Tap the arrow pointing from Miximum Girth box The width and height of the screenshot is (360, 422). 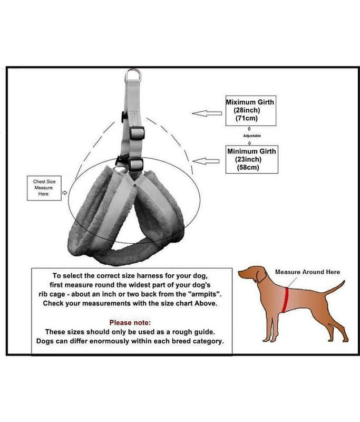(x=207, y=113)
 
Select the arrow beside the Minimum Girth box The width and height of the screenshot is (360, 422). (x=206, y=161)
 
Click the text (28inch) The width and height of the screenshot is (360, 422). (x=247, y=110)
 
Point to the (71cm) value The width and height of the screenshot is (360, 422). (x=247, y=118)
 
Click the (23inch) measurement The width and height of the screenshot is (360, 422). (x=248, y=159)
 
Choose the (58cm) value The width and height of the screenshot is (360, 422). (x=248, y=167)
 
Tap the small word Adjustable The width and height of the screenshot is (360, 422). (x=252, y=136)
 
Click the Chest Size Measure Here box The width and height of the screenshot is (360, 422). (x=44, y=188)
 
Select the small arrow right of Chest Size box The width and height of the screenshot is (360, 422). (x=64, y=193)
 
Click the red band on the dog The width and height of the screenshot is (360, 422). (x=286, y=300)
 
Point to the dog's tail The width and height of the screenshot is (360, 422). (x=335, y=288)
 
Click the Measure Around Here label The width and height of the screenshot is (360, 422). (x=307, y=272)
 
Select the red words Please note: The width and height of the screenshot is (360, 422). (x=130, y=322)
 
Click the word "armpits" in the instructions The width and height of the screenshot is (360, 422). (x=206, y=294)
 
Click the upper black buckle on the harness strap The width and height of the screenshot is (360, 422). (x=137, y=133)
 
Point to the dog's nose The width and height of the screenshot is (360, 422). (x=239, y=273)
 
